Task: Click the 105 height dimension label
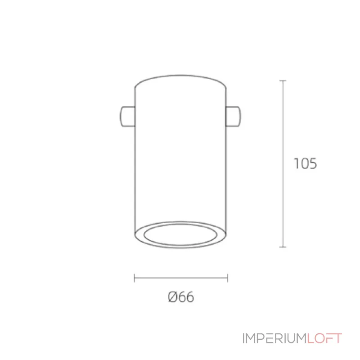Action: tap(305, 163)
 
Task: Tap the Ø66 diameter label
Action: tap(181, 297)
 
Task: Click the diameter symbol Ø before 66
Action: tap(173, 297)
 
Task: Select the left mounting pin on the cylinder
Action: tap(127, 116)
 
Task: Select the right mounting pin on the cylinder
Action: tap(234, 116)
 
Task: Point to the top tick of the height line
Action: tap(283, 81)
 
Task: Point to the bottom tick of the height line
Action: tap(283, 247)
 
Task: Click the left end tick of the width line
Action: tap(134, 278)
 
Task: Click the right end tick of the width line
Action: tap(228, 278)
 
